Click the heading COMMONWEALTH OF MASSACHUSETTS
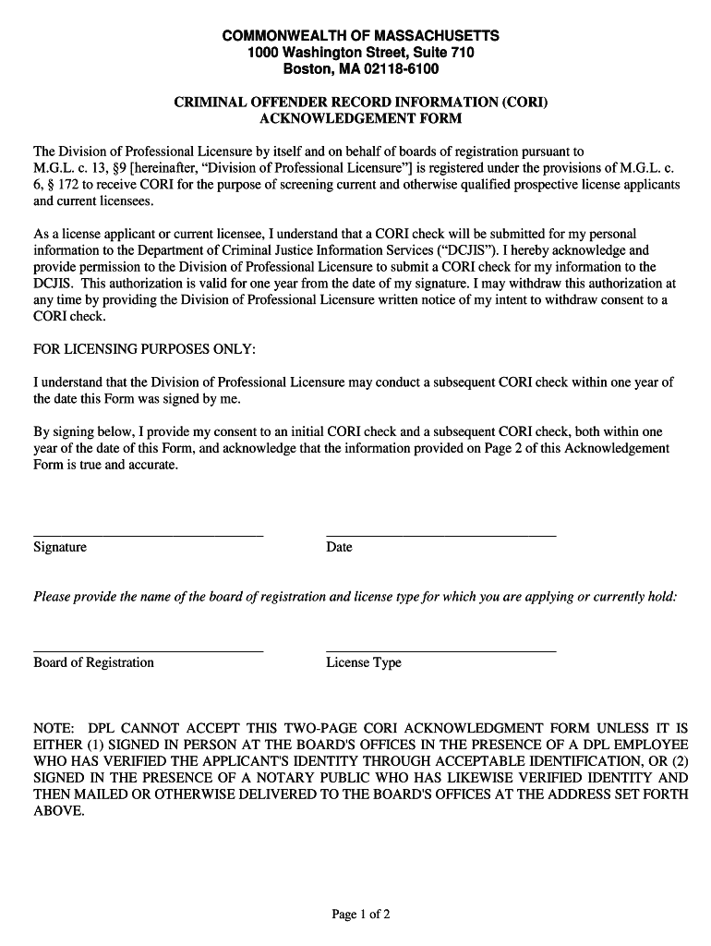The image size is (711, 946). (x=360, y=35)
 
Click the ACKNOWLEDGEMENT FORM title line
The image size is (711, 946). (x=360, y=118)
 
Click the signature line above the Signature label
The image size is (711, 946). (x=148, y=535)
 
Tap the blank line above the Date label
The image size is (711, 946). (x=440, y=535)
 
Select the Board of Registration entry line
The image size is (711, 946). (x=148, y=650)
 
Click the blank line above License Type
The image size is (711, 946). (x=440, y=650)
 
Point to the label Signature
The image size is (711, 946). (x=60, y=547)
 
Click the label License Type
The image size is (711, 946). (x=364, y=662)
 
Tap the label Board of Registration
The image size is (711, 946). (x=93, y=662)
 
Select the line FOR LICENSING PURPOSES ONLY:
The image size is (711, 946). (x=145, y=349)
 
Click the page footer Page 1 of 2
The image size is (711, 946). (x=361, y=915)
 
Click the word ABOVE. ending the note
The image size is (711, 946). (x=59, y=811)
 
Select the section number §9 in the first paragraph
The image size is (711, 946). (x=116, y=168)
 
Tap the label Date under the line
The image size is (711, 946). (x=339, y=547)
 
